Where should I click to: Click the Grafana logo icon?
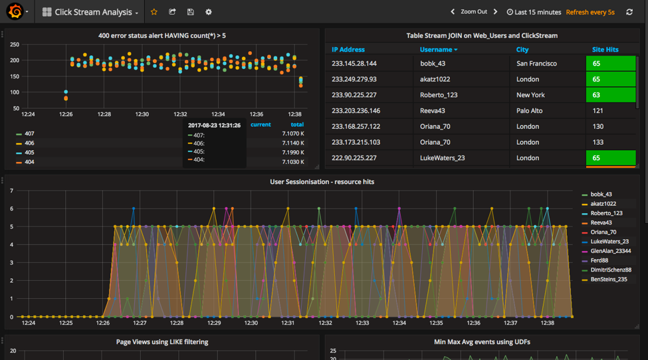pos(15,12)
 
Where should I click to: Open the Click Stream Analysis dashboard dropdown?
pos(90,12)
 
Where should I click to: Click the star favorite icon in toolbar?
pos(154,12)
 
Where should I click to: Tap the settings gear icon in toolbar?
pos(209,12)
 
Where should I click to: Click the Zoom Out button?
pos(473,12)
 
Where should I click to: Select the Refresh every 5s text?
pos(590,12)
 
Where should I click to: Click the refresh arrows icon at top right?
pos(629,12)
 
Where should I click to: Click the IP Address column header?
pos(348,50)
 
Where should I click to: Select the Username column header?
pos(437,50)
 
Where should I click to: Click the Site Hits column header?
pos(605,50)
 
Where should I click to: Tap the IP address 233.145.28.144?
pos(354,64)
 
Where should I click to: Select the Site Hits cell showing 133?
pos(597,142)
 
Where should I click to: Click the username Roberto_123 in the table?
pos(439,95)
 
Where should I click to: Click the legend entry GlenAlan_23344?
pos(610,251)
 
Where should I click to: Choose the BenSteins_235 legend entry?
pos(608,280)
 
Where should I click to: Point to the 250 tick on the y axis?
pos(15,45)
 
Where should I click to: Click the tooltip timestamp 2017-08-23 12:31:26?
pos(214,125)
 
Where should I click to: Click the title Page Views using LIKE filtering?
pos(162,342)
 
